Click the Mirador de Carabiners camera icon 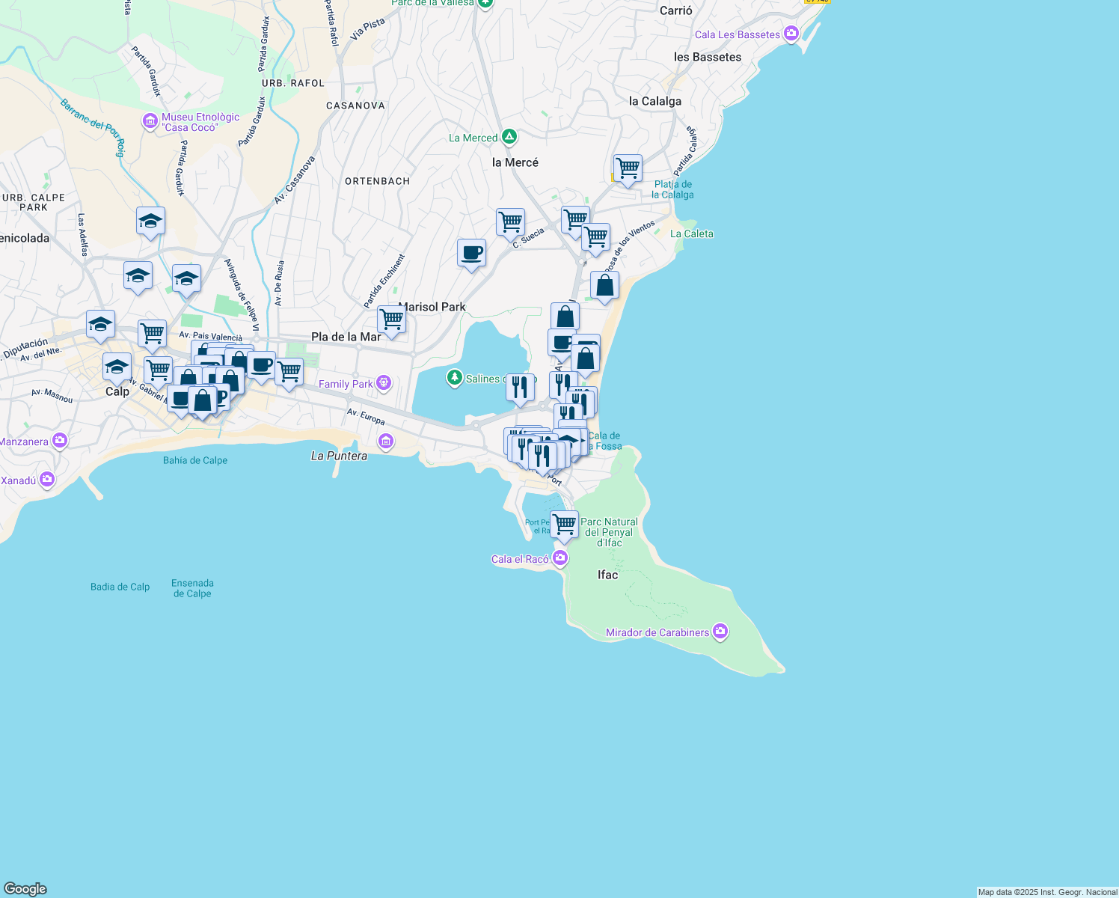click(x=720, y=632)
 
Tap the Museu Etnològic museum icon click(x=150, y=120)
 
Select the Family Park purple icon click(x=384, y=383)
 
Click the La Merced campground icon click(x=509, y=137)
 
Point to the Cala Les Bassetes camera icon click(x=791, y=34)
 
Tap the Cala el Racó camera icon click(x=559, y=558)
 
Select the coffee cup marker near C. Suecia click(x=471, y=253)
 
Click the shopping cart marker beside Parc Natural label click(x=564, y=524)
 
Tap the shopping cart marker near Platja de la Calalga click(x=627, y=168)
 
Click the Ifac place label click(x=607, y=575)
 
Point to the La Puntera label click(x=339, y=456)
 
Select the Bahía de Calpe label click(x=195, y=460)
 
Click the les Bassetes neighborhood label click(x=707, y=57)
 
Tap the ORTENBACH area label click(x=377, y=181)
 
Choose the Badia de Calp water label click(x=120, y=587)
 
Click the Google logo click(x=25, y=889)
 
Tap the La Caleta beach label click(x=691, y=233)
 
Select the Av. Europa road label click(x=366, y=417)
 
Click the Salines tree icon click(x=454, y=378)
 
